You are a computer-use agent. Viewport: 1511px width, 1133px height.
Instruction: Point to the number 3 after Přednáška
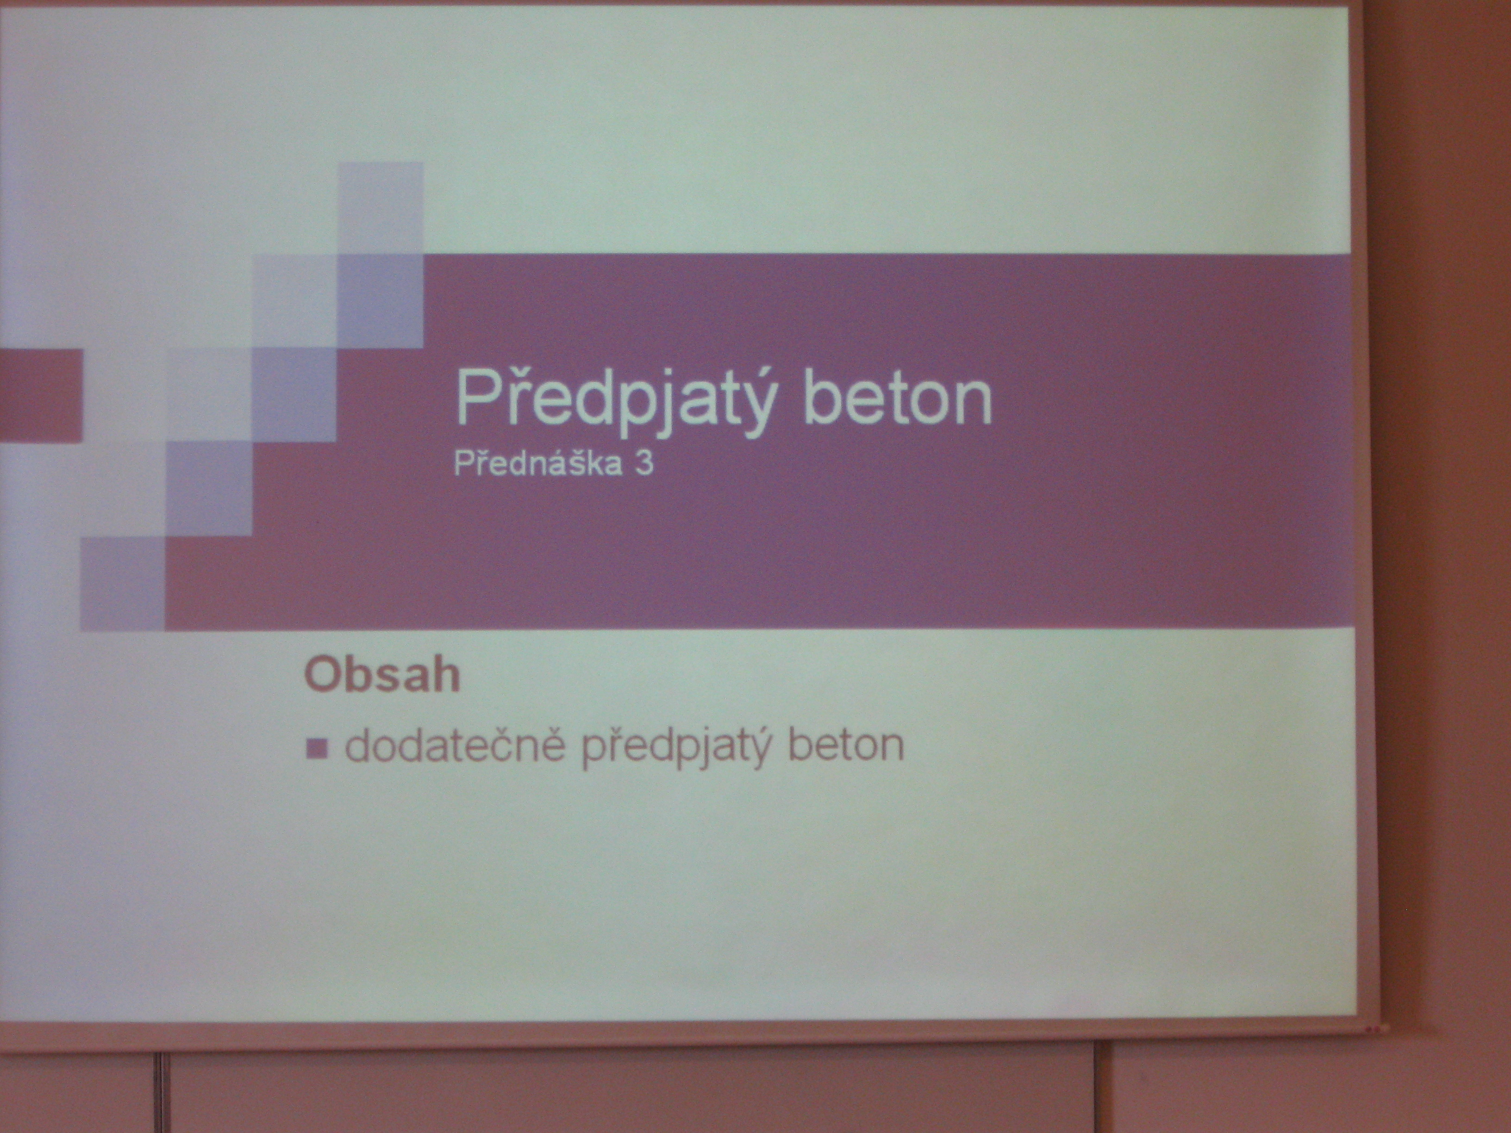click(644, 464)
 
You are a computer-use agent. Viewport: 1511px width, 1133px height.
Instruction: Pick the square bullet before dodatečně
click(317, 750)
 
